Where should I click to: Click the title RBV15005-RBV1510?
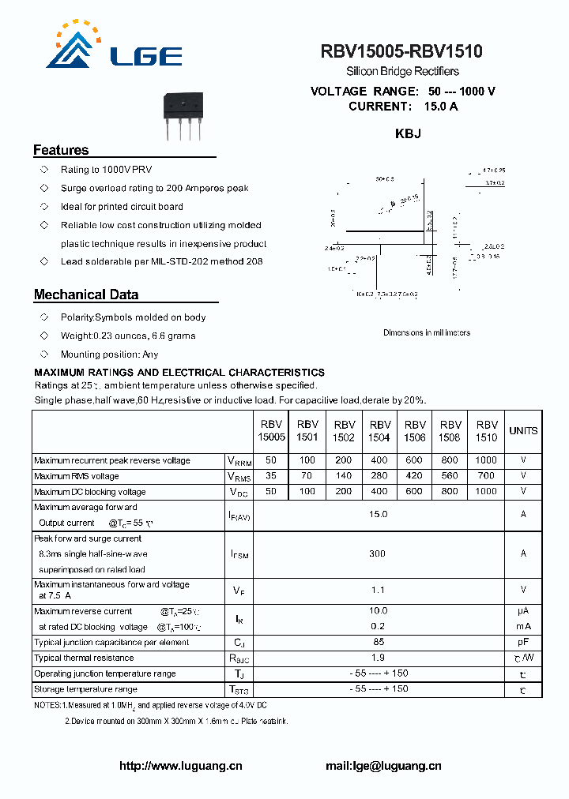(401, 52)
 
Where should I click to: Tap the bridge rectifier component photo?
(184, 115)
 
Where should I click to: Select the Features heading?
(61, 150)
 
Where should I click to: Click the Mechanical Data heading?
(86, 294)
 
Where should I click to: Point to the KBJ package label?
(408, 134)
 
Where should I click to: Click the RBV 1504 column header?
(380, 430)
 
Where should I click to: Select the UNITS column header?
(523, 431)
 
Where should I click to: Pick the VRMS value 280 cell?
(379, 476)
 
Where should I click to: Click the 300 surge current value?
(378, 553)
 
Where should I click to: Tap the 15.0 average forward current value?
(379, 514)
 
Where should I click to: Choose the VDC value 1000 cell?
(486, 491)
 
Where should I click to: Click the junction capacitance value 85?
(379, 642)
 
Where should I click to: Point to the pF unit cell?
(523, 642)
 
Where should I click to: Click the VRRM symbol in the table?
(239, 461)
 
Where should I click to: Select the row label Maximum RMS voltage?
(77, 476)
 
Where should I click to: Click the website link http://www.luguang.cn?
(181, 766)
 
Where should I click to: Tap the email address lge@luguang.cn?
(384, 766)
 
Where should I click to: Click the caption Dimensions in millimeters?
(427, 332)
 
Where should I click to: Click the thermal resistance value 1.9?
(379, 658)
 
